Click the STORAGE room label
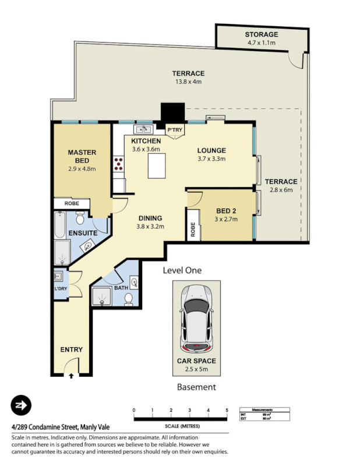pos(262,34)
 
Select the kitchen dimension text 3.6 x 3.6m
pos(145,149)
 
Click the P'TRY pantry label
pos(174,130)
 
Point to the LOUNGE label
pos(211,150)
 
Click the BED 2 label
pos(225,210)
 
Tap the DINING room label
pos(150,218)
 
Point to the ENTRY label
pos(72,349)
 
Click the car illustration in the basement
pos(196,317)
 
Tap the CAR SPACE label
pos(196,361)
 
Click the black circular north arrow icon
pos(21,405)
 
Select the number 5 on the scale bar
pos(227,411)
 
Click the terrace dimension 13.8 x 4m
pos(188,82)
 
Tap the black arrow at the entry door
pos(71,376)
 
